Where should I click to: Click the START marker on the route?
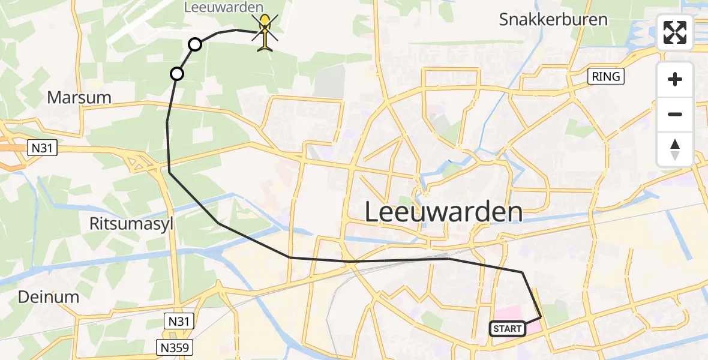point(508,328)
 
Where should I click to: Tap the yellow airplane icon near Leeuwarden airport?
point(265,33)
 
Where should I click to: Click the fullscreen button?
point(675,32)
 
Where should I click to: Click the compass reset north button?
point(675,149)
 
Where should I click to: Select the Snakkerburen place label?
point(553,19)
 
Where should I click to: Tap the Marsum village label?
point(80,97)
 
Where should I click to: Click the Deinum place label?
point(49,296)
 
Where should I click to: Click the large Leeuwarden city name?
point(443,212)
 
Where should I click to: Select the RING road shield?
point(606,76)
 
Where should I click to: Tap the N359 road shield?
point(176,347)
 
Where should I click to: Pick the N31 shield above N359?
point(179,322)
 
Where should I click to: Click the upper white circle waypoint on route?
point(195,44)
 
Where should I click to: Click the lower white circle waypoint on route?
point(176,74)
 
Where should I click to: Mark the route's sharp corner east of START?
point(541,317)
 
